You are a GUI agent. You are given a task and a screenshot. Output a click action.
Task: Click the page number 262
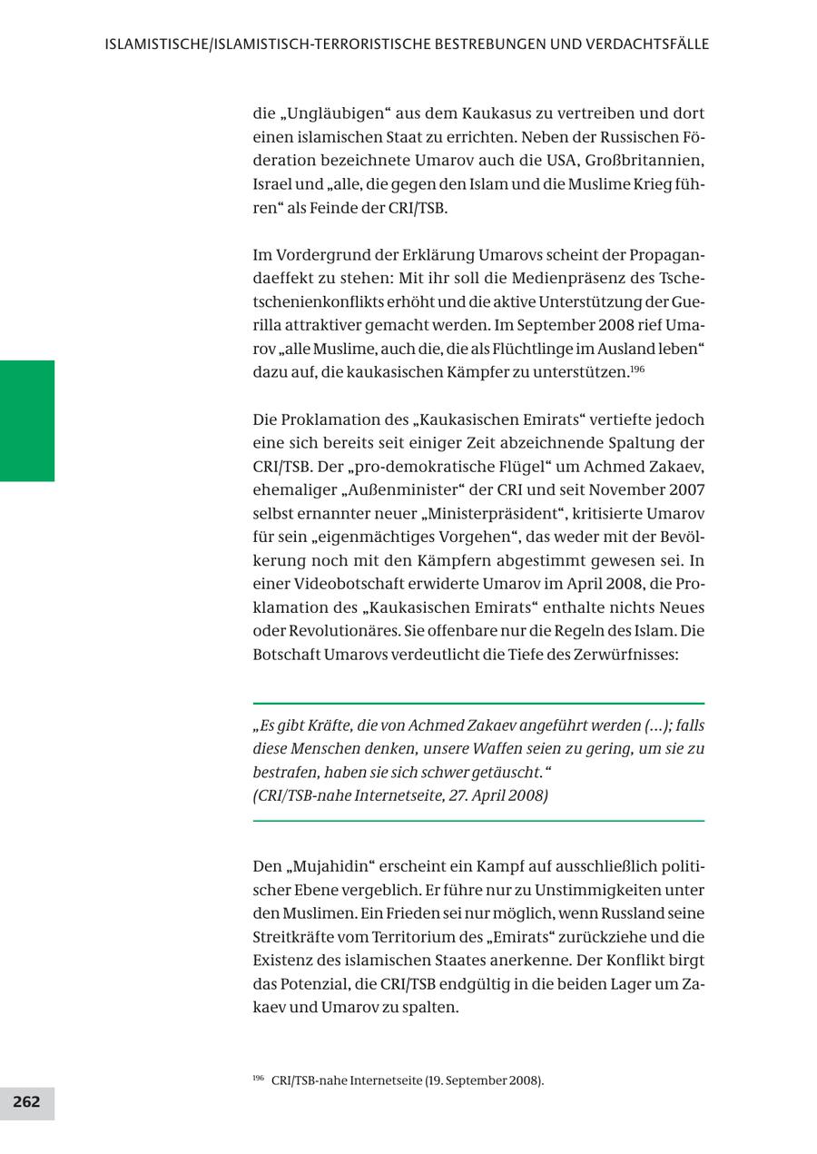click(26, 1102)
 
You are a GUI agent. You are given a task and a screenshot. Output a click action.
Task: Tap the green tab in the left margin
click(27, 420)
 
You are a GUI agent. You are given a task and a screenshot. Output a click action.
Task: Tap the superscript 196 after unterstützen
click(637, 369)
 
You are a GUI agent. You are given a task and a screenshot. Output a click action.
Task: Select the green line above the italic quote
click(478, 704)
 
